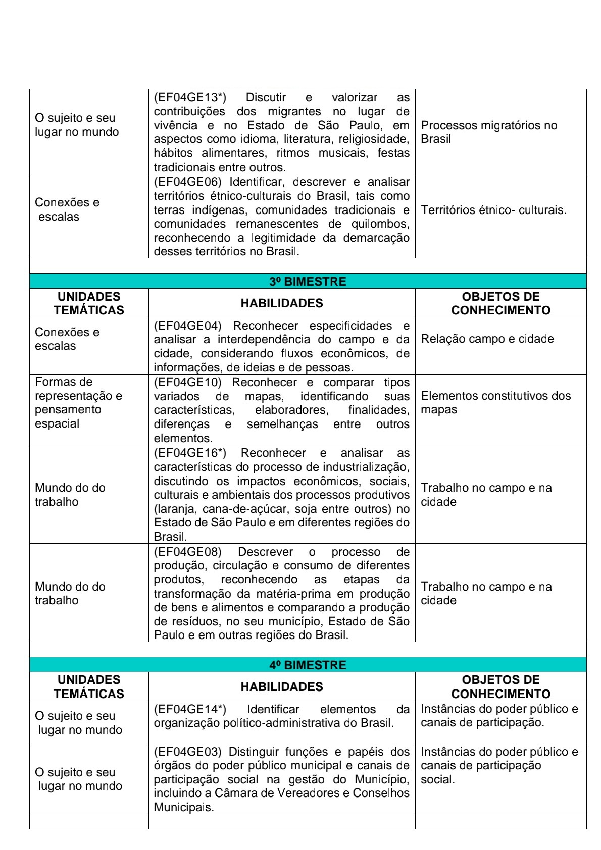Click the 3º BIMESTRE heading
308,282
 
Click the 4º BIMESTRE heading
308,665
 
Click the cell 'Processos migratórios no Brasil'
488,132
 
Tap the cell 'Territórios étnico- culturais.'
493,210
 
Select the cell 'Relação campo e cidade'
487,339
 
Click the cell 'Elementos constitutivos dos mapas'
495,403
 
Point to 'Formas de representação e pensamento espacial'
78,403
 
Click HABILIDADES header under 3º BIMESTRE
281,303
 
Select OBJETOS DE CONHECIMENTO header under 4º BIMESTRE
500,686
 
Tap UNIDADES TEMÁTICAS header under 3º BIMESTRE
89,303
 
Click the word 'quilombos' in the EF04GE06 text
383,224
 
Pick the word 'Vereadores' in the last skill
313,793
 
